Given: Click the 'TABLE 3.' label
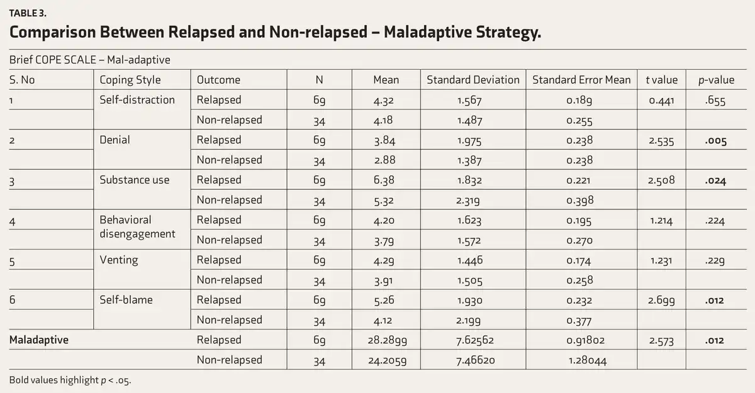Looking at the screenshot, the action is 28,13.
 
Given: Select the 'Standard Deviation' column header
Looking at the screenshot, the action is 473,80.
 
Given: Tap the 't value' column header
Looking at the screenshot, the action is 661,80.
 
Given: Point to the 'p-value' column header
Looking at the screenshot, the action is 716,80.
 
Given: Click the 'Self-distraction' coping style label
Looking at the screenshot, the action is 137,100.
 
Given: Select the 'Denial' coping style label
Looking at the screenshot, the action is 115,140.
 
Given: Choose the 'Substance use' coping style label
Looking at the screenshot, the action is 135,180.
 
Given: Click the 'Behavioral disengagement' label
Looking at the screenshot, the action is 137,226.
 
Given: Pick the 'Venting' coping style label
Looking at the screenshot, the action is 119,260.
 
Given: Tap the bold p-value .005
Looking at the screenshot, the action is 715,141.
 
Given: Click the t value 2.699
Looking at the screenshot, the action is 661,301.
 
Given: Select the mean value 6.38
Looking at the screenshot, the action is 384,180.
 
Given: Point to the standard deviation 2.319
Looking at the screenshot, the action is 468,201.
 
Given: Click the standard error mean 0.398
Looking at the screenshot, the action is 579,201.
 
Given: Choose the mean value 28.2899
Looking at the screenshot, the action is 388,340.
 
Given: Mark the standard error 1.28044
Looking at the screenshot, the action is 588,361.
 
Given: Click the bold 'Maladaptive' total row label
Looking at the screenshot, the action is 39,340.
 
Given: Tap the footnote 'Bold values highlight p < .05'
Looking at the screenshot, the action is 70,380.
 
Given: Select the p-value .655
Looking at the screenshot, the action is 715,101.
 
